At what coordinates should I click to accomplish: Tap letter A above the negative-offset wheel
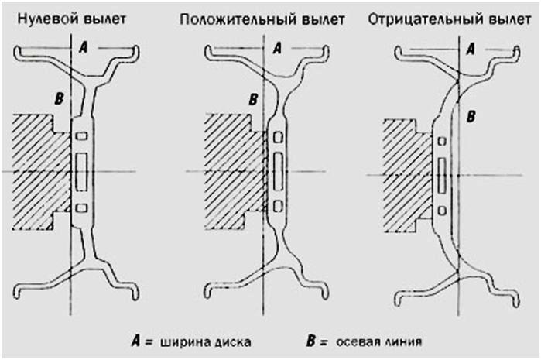[x=470, y=47]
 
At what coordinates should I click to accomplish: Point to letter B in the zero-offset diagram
[x=57, y=98]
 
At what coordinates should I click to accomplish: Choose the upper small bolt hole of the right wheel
[x=441, y=141]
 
